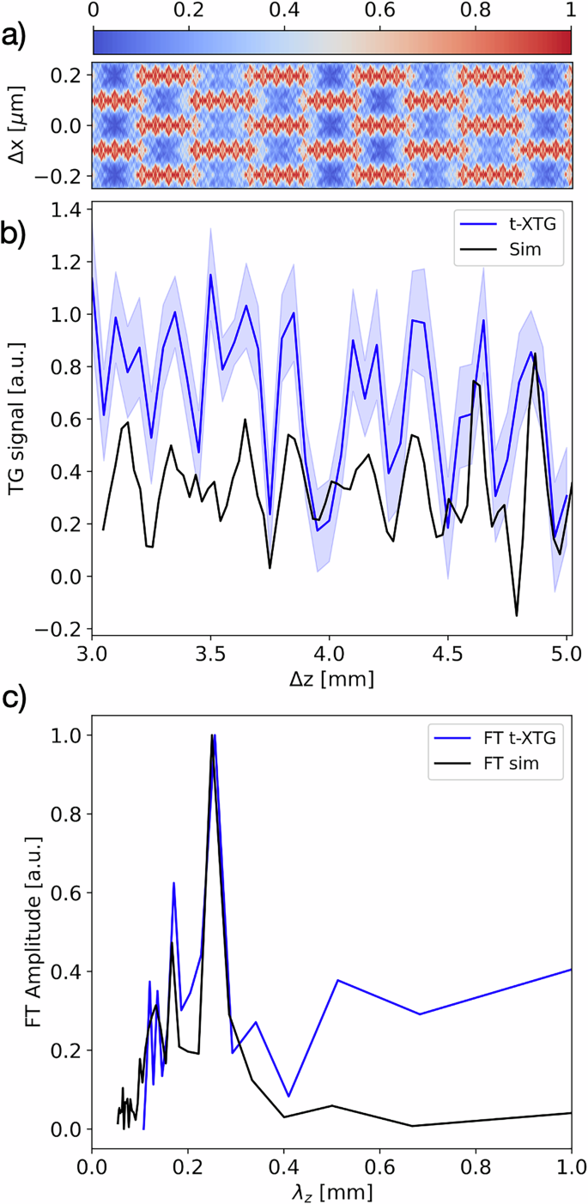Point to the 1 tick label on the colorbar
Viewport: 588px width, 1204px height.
570,11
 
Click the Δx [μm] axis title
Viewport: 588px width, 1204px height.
15,125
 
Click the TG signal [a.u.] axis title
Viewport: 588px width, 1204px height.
15,419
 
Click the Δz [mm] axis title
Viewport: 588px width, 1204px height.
330,678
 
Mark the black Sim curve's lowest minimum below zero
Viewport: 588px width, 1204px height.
517,615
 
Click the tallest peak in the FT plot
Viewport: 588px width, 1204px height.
213,735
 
